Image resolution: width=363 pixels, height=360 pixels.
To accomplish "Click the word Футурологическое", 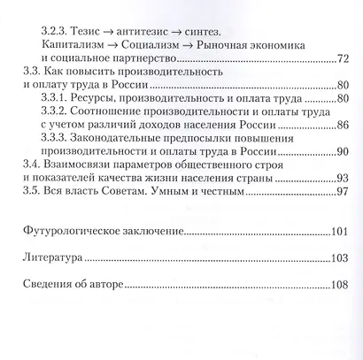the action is click(76, 232).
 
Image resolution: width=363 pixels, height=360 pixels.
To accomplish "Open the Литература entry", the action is click(52, 261).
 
